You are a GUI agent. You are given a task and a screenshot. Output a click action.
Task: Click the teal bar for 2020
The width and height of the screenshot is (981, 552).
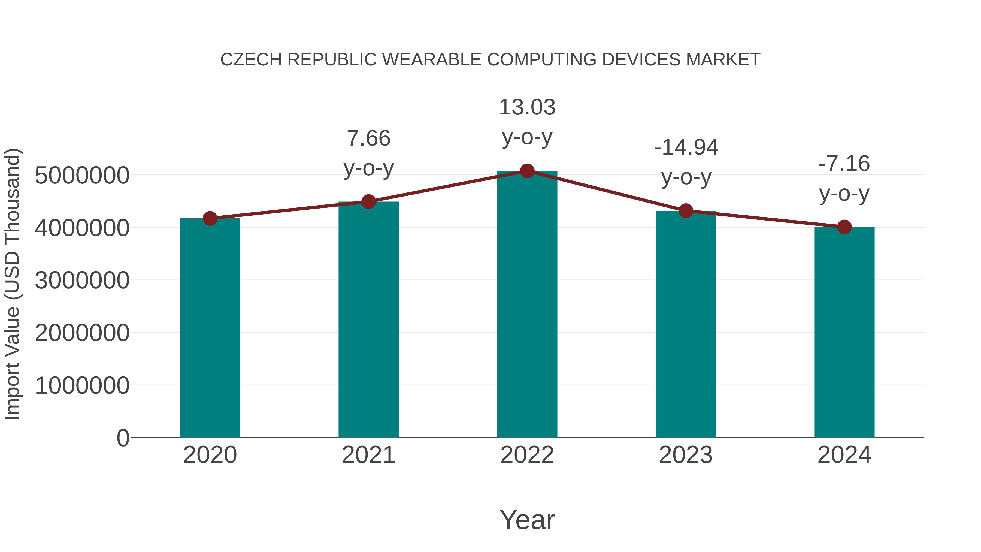(x=210, y=328)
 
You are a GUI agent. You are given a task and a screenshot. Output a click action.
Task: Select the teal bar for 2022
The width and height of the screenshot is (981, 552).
(x=527, y=305)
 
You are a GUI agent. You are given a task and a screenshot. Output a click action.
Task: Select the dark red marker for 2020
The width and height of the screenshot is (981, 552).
(x=210, y=218)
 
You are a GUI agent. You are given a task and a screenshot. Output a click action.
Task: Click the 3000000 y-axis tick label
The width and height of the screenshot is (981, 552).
(x=82, y=281)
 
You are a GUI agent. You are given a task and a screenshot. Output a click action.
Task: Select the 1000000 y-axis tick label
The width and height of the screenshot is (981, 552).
(x=82, y=385)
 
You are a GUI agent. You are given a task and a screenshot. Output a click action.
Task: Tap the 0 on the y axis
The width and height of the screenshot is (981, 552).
(x=123, y=438)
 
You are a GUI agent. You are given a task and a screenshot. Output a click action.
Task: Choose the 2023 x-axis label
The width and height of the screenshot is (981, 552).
(x=686, y=455)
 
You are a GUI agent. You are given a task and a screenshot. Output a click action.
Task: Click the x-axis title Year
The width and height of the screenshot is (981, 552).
(x=527, y=520)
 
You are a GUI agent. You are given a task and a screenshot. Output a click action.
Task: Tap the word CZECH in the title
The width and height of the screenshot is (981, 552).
(x=251, y=60)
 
